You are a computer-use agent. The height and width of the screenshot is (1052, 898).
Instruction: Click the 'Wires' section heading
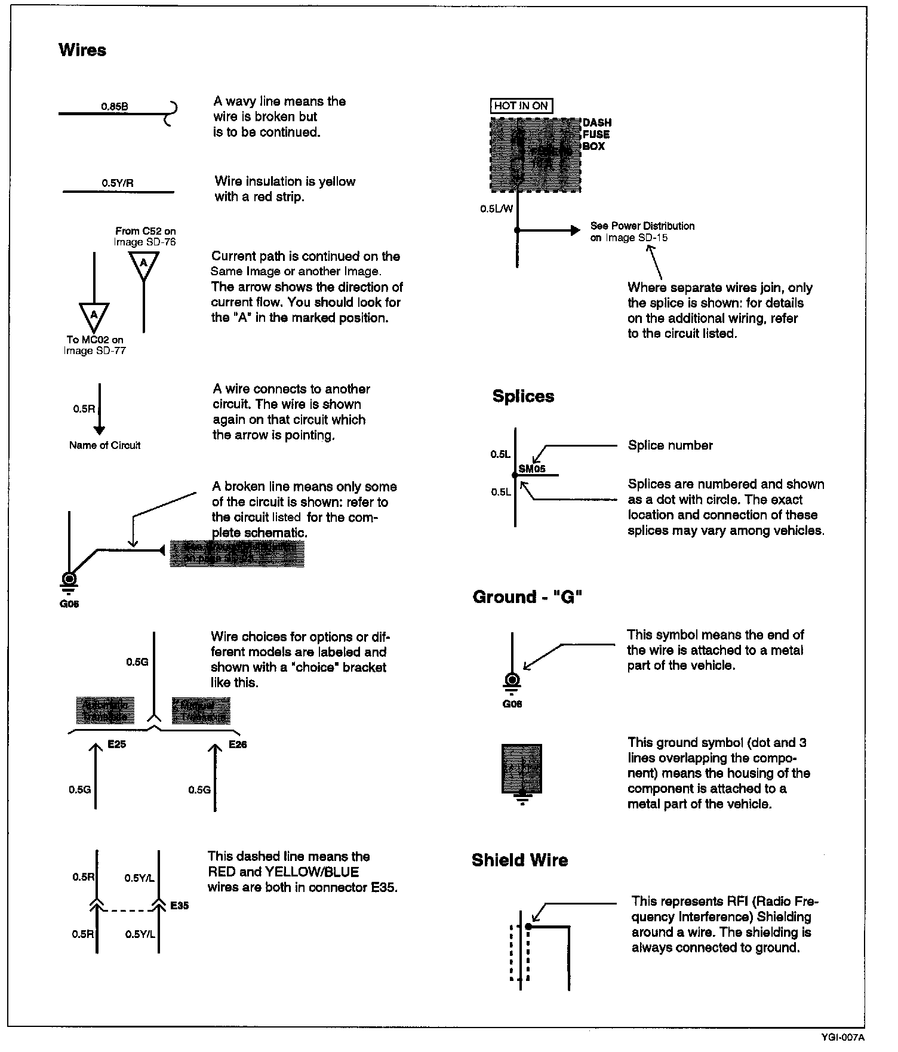click(x=82, y=50)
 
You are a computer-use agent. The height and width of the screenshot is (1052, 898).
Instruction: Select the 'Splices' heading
click(x=523, y=396)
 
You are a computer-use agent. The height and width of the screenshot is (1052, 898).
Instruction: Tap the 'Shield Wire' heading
click(x=519, y=860)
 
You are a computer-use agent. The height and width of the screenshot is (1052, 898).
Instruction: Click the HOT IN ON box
click(x=521, y=106)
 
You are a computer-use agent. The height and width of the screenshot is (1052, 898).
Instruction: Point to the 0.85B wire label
click(x=114, y=107)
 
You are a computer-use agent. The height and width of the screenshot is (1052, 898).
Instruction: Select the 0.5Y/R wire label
click(x=117, y=183)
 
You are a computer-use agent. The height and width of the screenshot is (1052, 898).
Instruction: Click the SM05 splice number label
click(x=532, y=469)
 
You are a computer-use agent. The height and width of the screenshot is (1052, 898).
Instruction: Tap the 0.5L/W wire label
click(x=496, y=209)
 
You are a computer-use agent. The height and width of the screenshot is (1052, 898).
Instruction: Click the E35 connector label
click(x=179, y=906)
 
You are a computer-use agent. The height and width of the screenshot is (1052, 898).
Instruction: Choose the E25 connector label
click(x=116, y=745)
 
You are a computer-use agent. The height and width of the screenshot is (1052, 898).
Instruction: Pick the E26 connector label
click(x=238, y=745)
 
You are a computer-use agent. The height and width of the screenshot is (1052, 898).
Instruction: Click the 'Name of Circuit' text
click(x=104, y=445)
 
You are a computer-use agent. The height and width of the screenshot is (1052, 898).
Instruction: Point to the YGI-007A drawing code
click(x=842, y=1038)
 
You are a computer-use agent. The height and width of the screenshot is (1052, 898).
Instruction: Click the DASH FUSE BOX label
click(x=596, y=134)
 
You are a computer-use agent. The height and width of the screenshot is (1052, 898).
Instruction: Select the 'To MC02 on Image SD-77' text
click(x=95, y=345)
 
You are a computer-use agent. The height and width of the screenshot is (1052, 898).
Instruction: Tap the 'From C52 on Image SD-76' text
click(x=145, y=236)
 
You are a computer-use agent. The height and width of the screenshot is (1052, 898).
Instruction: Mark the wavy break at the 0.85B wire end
click(x=171, y=113)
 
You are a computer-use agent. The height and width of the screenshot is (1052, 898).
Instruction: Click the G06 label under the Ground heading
click(x=512, y=704)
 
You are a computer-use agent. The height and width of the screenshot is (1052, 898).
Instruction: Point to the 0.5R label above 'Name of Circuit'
click(x=84, y=409)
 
